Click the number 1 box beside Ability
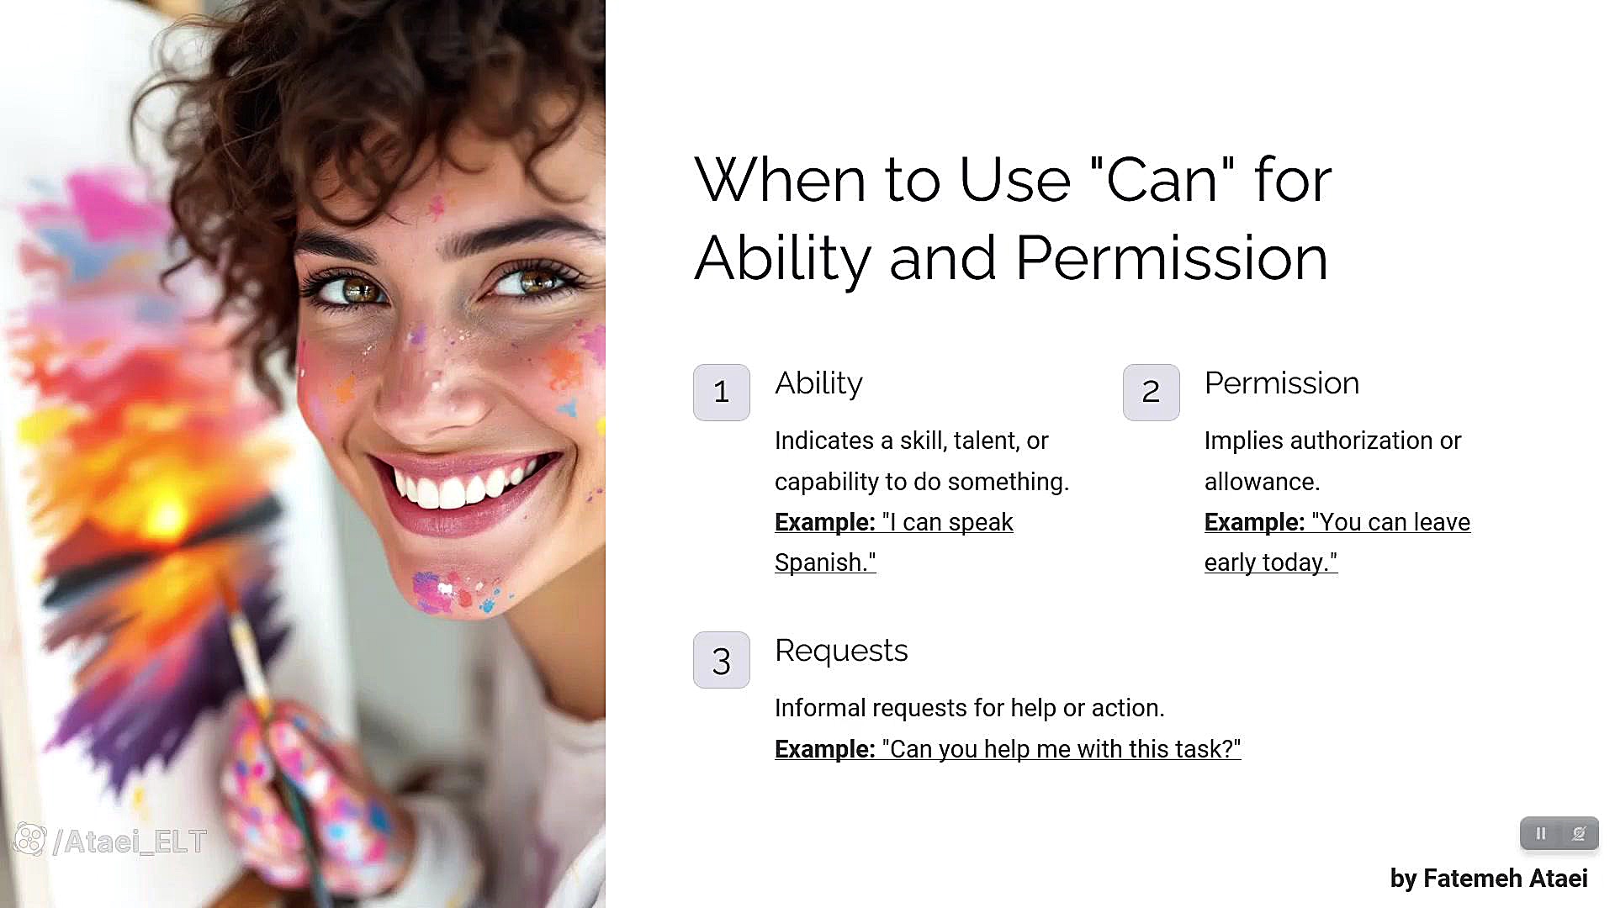tap(721, 392)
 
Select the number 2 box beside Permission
tap(1151, 392)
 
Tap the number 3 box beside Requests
tap(721, 660)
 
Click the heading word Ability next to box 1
tap(818, 384)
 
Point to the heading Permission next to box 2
tap(1282, 383)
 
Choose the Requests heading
tap(841, 652)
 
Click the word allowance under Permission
tap(1262, 482)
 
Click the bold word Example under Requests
tap(825, 749)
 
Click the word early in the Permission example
tap(1231, 562)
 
